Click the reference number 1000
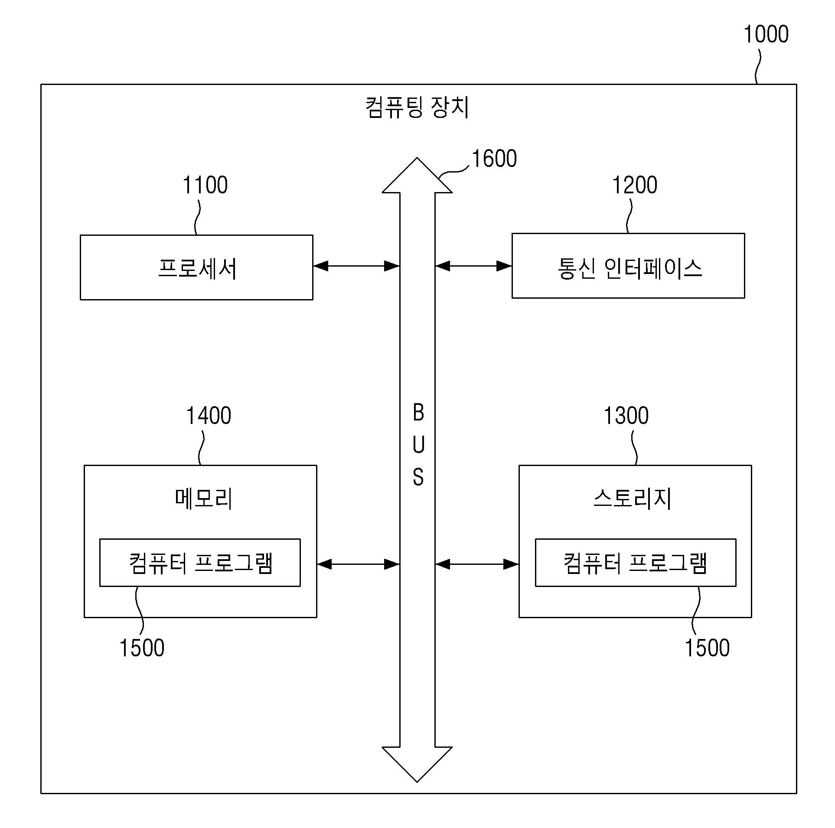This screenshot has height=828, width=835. click(x=766, y=34)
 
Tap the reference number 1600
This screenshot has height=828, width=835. click(x=494, y=159)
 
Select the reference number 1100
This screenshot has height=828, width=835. click(x=205, y=185)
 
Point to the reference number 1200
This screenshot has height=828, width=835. click(x=635, y=185)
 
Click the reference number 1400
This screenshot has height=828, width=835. click(x=209, y=416)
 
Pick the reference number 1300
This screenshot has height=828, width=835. click(x=626, y=416)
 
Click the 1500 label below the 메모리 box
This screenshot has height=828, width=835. click(x=142, y=648)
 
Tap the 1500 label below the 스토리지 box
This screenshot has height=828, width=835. click(x=707, y=648)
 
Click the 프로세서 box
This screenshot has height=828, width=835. click(x=196, y=267)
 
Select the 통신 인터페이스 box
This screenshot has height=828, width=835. click(x=628, y=266)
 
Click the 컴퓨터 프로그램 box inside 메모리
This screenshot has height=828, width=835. click(x=200, y=563)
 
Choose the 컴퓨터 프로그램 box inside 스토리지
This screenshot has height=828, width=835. click(x=636, y=563)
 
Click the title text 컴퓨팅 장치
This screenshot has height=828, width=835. click(x=417, y=107)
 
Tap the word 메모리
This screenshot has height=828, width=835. click(x=204, y=499)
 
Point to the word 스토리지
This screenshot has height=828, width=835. click(x=632, y=499)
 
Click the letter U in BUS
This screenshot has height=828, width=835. click(x=418, y=445)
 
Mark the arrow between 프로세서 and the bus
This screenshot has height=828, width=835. click(x=356, y=266)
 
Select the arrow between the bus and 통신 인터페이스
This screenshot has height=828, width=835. click(x=473, y=266)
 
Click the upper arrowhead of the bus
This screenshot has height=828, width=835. click(x=417, y=175)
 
